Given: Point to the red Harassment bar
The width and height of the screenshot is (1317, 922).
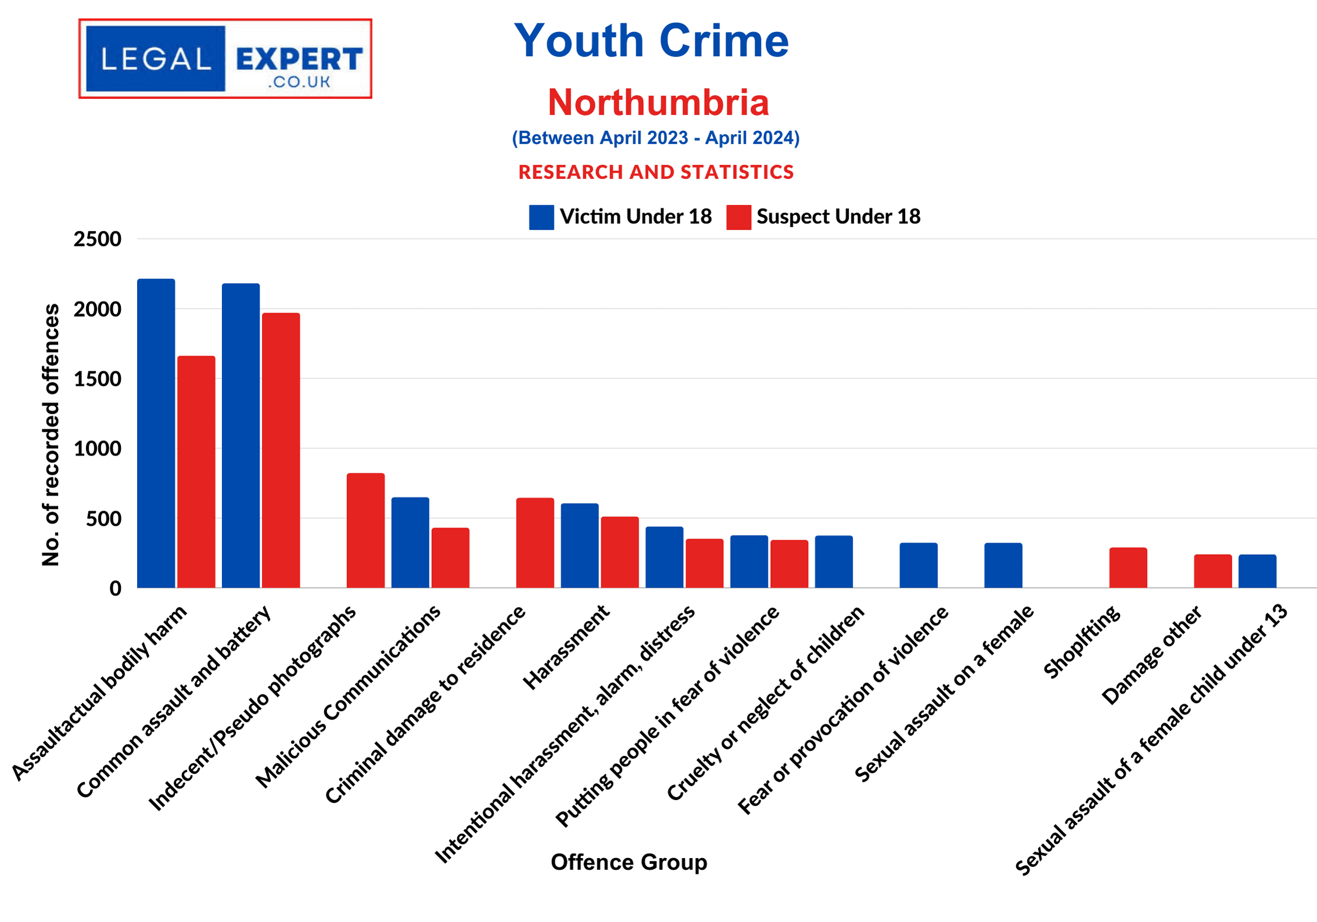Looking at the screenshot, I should pos(619,552).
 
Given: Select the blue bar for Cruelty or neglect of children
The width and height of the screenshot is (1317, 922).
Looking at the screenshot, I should pos(834,561).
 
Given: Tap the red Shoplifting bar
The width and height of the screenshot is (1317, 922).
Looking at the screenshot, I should pos(1128,567).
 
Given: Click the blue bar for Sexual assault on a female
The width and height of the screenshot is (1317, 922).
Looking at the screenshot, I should pos(1003,565).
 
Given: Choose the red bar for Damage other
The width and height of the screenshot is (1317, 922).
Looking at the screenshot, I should pos(1213,571).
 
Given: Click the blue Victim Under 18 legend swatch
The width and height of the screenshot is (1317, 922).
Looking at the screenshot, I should pos(541,217).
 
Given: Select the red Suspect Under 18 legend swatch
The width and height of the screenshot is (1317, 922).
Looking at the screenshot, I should pos(738,217).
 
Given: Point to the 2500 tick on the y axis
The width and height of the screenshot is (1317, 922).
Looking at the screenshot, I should pos(97,239).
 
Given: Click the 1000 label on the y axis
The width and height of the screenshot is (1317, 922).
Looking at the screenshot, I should pos(97,449).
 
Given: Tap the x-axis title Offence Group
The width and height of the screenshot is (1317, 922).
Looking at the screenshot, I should pos(629,862).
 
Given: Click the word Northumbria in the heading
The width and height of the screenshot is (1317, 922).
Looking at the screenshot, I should pos(658,102).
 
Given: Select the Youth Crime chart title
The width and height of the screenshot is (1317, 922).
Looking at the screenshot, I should pos(651,41).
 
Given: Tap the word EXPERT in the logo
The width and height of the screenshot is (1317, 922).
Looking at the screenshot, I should pos(299,59).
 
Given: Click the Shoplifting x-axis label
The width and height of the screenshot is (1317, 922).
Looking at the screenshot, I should pos(1082,643).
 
